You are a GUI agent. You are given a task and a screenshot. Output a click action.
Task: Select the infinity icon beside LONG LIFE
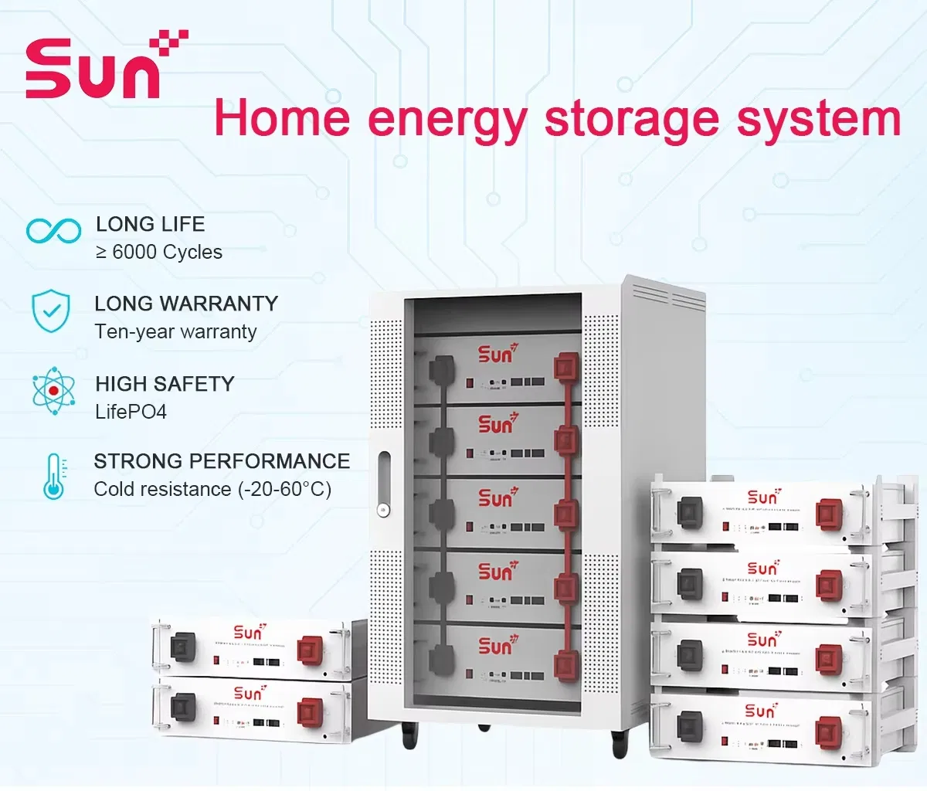point(53,230)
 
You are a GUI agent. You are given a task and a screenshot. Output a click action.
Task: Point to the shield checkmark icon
point(52,311)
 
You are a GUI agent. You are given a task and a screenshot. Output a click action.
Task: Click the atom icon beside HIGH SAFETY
point(54,390)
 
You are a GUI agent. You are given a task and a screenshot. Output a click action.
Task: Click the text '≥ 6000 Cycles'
point(159,253)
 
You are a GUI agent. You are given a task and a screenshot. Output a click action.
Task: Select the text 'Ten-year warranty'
point(175,332)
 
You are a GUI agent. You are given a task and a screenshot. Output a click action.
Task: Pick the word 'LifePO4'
point(131,412)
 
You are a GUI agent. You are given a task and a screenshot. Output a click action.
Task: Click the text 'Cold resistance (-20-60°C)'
point(212,489)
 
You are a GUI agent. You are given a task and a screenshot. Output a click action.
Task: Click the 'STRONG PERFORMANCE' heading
point(222,461)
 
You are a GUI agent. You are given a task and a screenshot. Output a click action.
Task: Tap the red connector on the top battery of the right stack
point(829,513)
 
